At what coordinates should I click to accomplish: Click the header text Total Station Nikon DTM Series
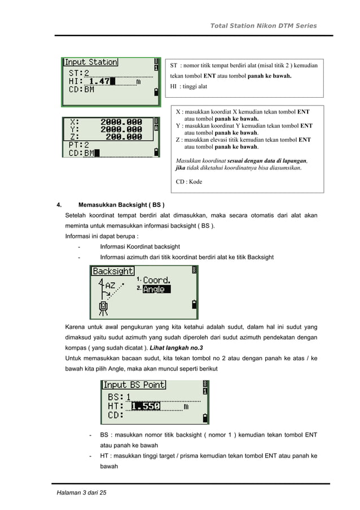pyautogui.click(x=263, y=26)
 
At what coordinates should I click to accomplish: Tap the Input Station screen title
pyautogui.click(x=90, y=62)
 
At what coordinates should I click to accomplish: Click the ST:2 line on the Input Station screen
pyautogui.click(x=79, y=73)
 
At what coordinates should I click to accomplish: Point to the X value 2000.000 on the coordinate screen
pyautogui.click(x=121, y=122)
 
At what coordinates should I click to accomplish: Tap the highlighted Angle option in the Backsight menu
pyautogui.click(x=154, y=289)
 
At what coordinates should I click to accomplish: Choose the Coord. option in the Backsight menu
pyautogui.click(x=156, y=280)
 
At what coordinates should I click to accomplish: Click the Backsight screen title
pyautogui.click(x=113, y=271)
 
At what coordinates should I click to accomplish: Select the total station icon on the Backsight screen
pyautogui.click(x=103, y=308)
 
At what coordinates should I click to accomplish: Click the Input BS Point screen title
pyautogui.click(x=134, y=385)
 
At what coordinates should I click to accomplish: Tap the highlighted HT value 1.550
pyautogui.click(x=146, y=406)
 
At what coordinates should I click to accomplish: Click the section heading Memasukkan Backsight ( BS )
pyautogui.click(x=122, y=204)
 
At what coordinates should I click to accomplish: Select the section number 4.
pyautogui.click(x=58, y=204)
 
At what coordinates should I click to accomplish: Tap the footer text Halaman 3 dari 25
pyautogui.click(x=81, y=493)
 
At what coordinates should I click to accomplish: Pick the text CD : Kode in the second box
pyautogui.click(x=189, y=182)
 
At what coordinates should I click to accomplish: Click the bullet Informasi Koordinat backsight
pyautogui.click(x=139, y=247)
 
